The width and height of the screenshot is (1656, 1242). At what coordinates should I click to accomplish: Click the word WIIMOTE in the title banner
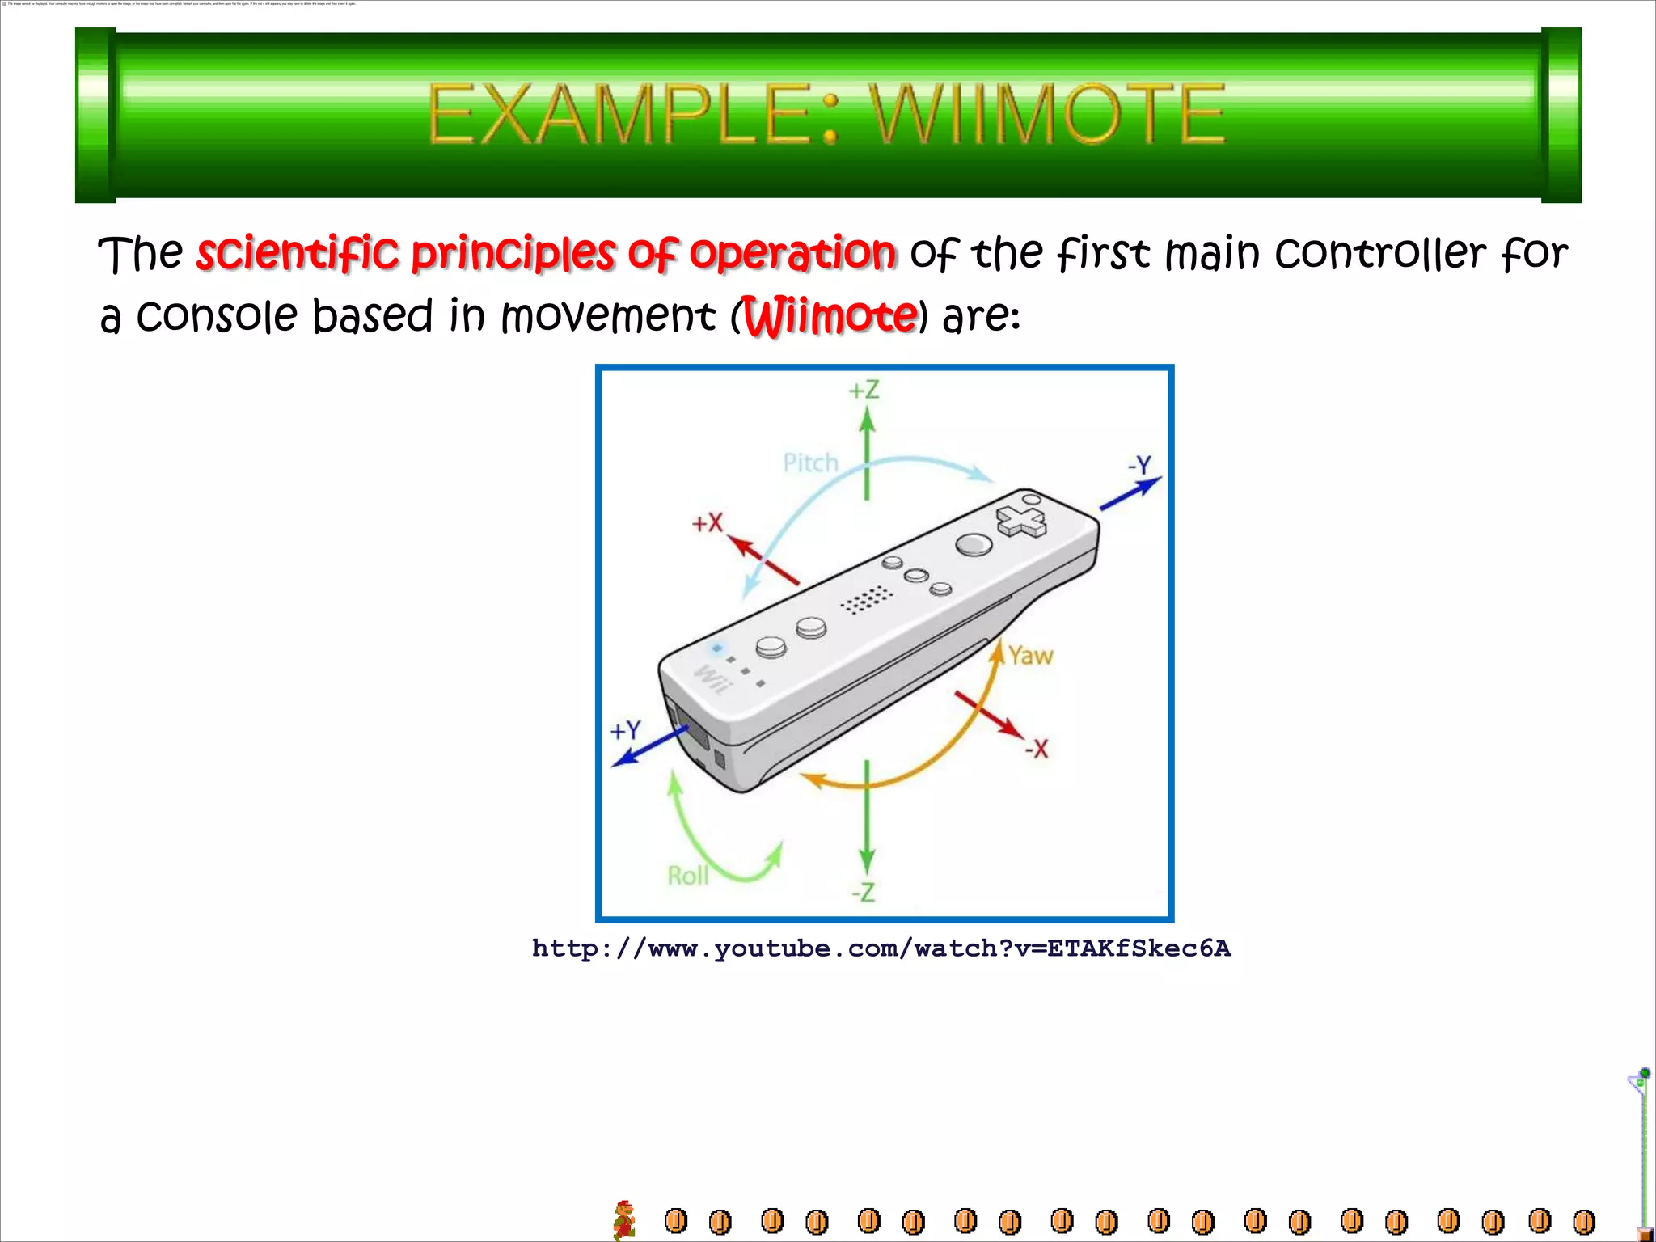(x=1048, y=115)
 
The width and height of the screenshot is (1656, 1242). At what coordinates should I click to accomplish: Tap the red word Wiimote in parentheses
(x=830, y=316)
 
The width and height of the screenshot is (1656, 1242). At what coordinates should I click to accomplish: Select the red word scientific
(x=298, y=253)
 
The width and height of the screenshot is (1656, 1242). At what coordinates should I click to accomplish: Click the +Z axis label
(x=864, y=391)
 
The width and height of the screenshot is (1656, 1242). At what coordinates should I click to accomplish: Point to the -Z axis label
(x=863, y=893)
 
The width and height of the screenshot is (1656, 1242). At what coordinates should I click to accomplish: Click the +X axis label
(x=707, y=523)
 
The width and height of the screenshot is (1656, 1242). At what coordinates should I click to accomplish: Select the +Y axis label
(x=625, y=730)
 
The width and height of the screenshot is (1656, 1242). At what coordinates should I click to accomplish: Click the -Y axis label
(x=1139, y=465)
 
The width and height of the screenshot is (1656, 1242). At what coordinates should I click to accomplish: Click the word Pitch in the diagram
(x=810, y=463)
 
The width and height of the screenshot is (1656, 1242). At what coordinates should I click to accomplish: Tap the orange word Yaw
(x=1030, y=655)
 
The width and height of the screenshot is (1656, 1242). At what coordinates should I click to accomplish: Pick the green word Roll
(x=687, y=876)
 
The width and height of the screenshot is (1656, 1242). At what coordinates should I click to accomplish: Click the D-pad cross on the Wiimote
(x=1020, y=522)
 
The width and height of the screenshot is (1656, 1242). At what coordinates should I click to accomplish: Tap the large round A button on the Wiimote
(x=974, y=544)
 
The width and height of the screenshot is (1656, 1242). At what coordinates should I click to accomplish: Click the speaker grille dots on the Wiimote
(x=866, y=600)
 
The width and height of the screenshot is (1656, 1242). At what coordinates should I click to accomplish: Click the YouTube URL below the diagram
(x=881, y=948)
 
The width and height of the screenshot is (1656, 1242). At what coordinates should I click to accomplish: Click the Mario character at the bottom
(x=624, y=1219)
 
